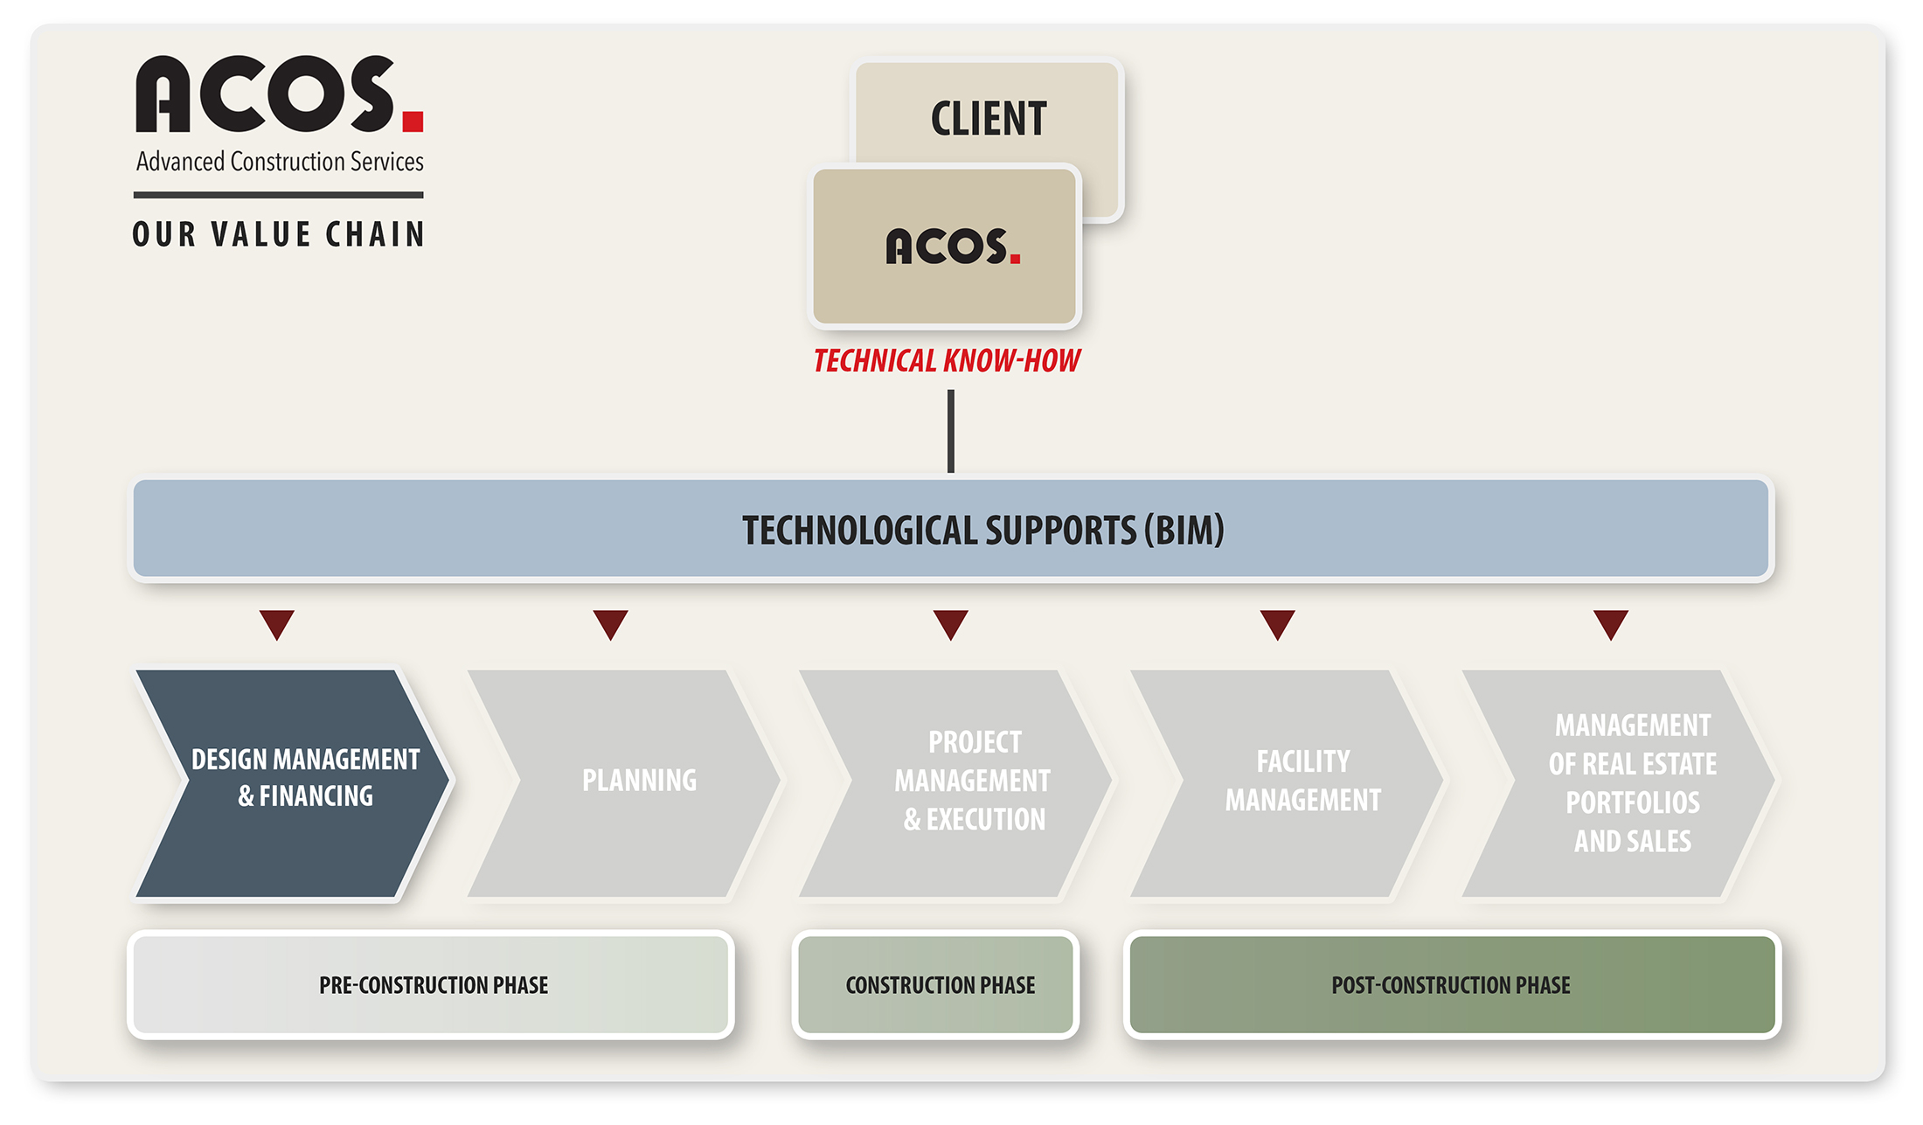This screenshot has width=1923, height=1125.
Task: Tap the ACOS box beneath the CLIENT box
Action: [945, 247]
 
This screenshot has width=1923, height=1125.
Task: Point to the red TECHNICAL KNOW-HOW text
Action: [947, 361]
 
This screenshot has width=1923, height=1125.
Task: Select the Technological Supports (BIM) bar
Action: [951, 529]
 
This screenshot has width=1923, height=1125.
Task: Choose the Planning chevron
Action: [624, 783]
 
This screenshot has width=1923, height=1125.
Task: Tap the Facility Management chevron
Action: [1287, 783]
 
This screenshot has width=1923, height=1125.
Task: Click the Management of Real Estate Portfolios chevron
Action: [1619, 783]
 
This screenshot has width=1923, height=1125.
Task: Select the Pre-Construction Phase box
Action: [431, 985]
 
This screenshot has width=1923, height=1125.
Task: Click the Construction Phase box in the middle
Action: [936, 985]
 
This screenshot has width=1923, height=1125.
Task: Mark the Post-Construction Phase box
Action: [1452, 985]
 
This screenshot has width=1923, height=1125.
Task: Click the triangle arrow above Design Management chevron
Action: [277, 623]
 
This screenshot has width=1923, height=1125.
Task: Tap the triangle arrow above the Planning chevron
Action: [610, 623]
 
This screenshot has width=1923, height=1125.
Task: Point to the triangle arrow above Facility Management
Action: [1277, 623]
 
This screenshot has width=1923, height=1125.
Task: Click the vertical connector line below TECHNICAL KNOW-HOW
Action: [951, 431]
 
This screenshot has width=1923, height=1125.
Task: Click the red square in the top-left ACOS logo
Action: [413, 121]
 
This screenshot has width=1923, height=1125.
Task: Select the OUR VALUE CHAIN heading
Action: [279, 234]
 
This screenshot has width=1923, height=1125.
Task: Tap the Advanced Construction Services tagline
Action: [280, 162]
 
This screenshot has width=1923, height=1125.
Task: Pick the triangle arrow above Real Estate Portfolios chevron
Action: [1611, 623]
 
